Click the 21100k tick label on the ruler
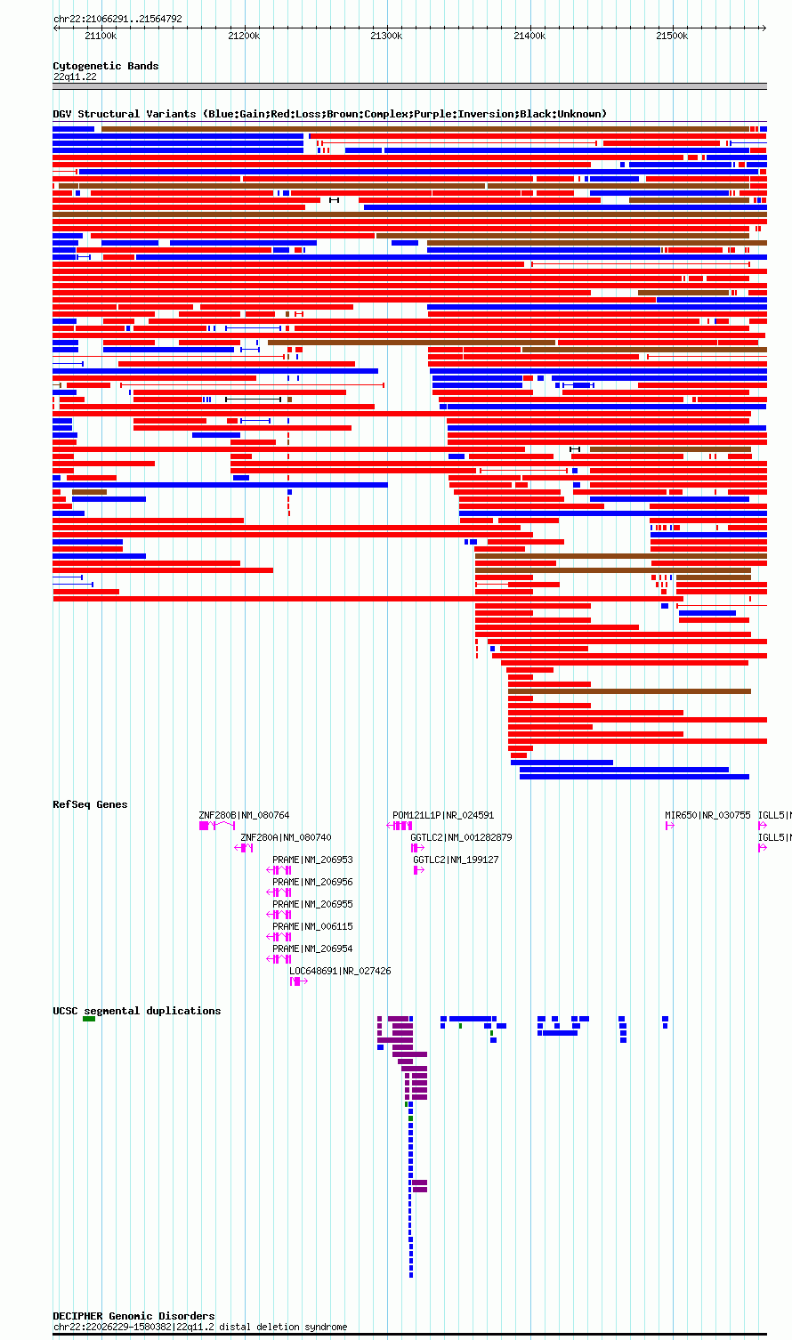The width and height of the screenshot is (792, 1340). (x=101, y=36)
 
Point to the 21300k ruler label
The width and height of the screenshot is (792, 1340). (x=386, y=36)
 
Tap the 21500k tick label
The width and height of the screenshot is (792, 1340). (x=672, y=36)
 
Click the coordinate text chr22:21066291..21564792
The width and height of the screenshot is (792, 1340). (x=117, y=20)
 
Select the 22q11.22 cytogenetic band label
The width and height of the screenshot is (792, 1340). (x=75, y=77)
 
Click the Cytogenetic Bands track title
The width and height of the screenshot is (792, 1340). (x=106, y=66)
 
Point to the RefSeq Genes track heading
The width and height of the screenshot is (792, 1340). (x=91, y=804)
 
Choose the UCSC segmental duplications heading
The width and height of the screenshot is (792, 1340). (x=137, y=1011)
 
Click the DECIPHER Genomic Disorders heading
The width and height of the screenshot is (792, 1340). (x=134, y=1316)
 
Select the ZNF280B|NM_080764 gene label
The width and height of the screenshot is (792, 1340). (x=244, y=815)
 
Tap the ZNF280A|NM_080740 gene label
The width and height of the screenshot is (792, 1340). (x=286, y=837)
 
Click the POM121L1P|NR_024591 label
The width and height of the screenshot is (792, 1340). (x=443, y=815)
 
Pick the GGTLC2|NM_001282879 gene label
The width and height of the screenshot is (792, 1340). (x=461, y=837)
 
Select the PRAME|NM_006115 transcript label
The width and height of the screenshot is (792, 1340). (x=313, y=926)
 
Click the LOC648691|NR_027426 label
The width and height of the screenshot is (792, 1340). (x=340, y=971)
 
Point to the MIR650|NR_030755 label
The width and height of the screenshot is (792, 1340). (x=707, y=815)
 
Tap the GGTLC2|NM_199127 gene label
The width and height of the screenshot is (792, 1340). (x=456, y=860)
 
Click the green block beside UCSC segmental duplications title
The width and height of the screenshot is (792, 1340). (x=89, y=1019)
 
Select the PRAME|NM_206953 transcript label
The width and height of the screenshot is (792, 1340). (x=313, y=860)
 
